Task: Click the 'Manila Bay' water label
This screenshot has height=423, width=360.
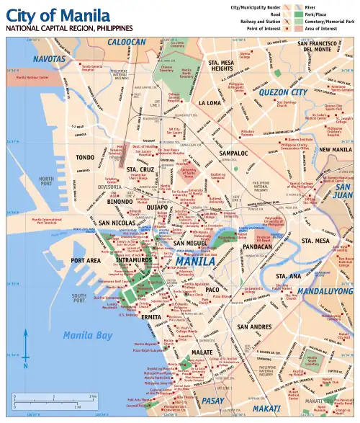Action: coord(87,335)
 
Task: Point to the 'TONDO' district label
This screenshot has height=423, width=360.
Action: coord(86,156)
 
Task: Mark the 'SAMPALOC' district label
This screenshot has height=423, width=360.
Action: coord(233,153)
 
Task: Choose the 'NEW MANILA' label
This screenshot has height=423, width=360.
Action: coord(335,150)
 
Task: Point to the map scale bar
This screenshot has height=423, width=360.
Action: coord(54,400)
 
